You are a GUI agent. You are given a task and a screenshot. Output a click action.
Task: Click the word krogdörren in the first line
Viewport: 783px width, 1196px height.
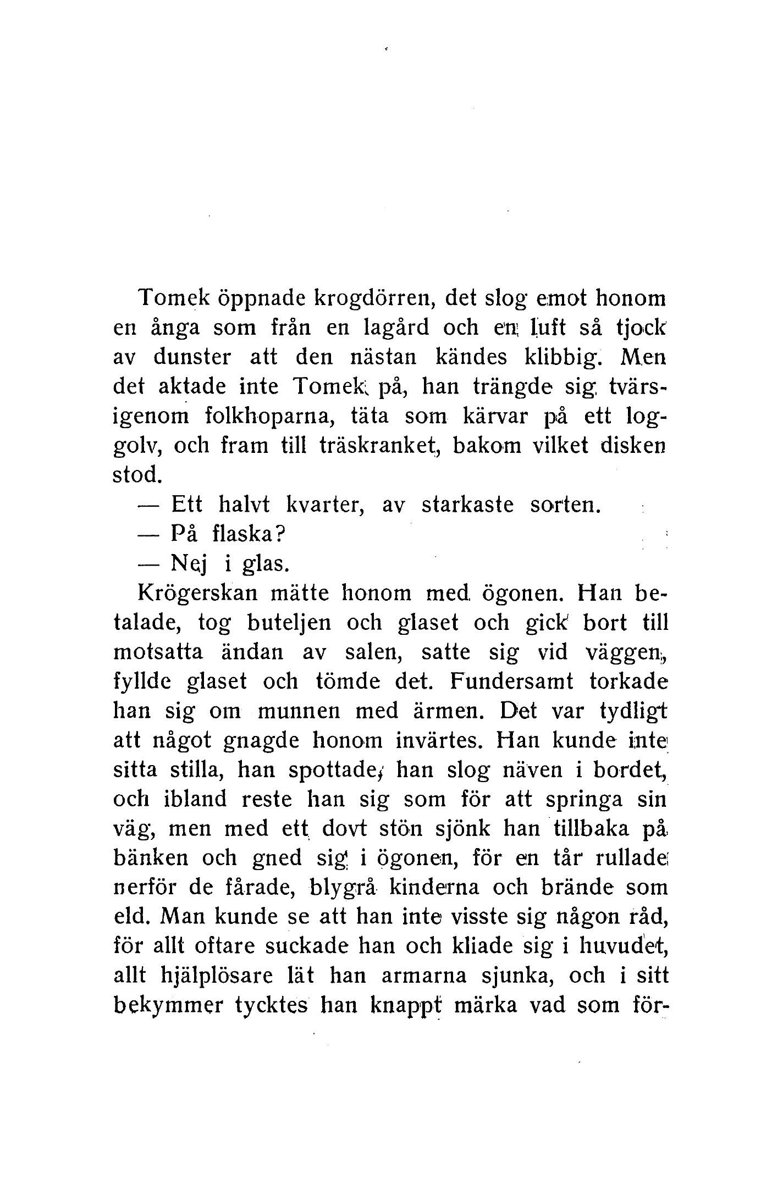click(x=374, y=298)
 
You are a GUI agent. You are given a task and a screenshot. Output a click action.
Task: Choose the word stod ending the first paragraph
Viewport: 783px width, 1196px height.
click(x=136, y=475)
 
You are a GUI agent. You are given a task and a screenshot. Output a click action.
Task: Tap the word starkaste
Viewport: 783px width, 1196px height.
click(x=467, y=505)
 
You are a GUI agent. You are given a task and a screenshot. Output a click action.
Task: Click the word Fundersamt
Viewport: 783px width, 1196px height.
click(x=511, y=682)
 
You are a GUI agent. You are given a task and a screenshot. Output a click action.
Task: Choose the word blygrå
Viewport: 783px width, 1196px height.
click(x=350, y=888)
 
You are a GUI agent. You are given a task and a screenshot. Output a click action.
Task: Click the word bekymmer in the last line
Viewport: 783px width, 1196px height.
click(x=168, y=1006)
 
